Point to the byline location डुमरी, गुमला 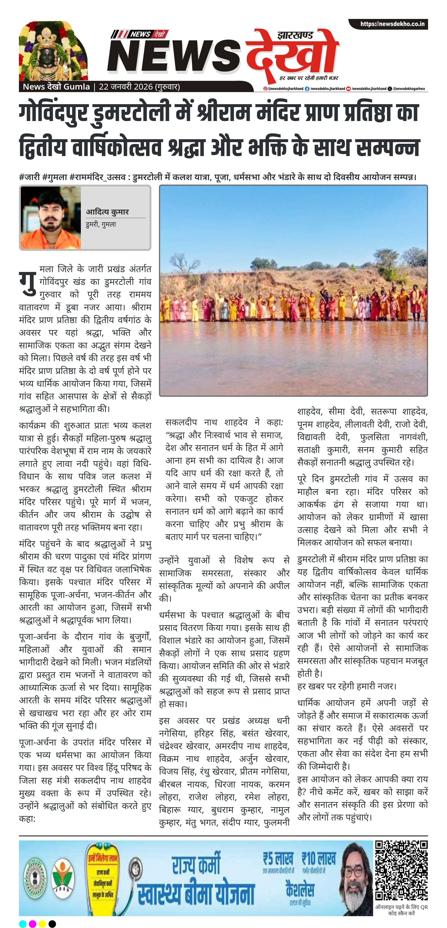tap(101, 224)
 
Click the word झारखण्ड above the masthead tap(295, 36)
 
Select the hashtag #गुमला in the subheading tap(55, 177)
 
